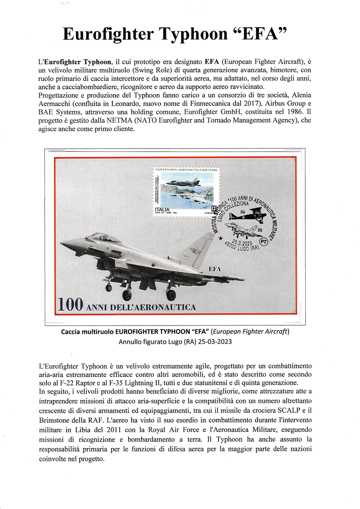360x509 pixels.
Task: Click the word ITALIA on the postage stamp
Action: (162, 209)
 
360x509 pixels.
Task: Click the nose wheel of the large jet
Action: (109, 287)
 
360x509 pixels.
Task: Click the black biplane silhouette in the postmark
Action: (248, 214)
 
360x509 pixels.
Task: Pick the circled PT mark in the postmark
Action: (264, 242)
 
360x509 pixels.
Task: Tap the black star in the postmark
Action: (221, 238)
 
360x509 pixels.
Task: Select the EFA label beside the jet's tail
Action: (215, 269)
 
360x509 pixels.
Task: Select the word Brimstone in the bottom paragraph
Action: (55, 420)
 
